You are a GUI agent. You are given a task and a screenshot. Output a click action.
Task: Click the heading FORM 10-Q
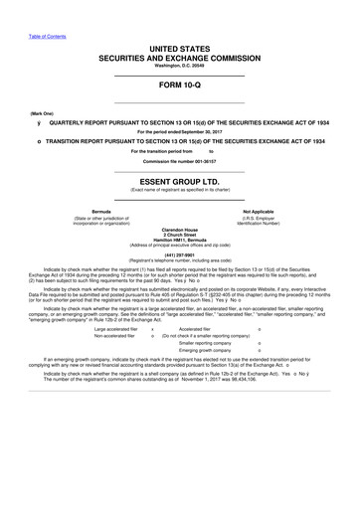[180, 85]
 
